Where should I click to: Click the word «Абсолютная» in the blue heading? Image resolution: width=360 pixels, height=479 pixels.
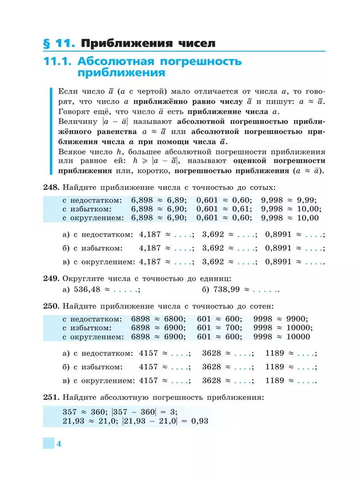click(122, 61)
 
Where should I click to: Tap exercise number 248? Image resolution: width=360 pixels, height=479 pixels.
click(51, 188)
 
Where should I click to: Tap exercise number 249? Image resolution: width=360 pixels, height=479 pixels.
click(51, 277)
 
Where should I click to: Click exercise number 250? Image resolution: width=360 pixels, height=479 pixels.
click(51, 306)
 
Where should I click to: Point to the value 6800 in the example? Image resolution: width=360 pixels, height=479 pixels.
click(177, 319)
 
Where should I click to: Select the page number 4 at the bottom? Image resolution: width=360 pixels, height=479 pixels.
click(58, 444)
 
